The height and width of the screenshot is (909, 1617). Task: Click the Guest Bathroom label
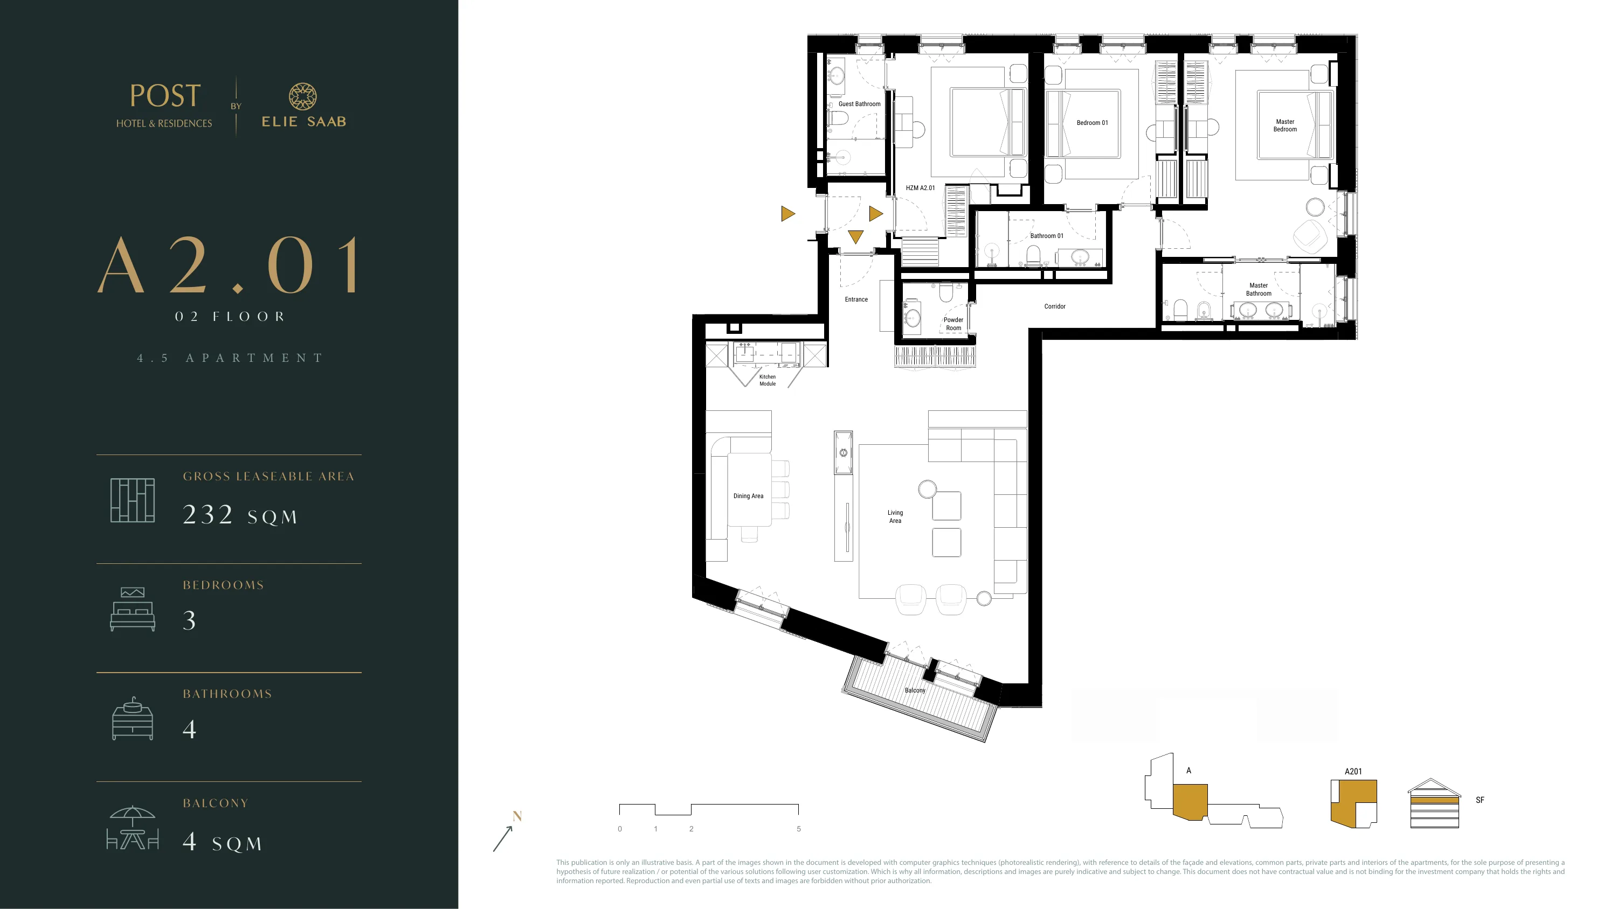(x=859, y=104)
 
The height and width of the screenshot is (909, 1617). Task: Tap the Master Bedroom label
(x=1285, y=125)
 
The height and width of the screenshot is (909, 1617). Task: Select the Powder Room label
(x=953, y=324)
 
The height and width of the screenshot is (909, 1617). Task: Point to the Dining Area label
(x=748, y=496)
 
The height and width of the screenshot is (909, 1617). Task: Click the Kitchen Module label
(x=768, y=380)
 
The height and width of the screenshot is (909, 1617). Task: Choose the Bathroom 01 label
(x=1047, y=236)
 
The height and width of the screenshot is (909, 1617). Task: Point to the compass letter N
(x=517, y=816)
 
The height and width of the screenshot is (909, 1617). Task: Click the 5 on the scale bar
(x=798, y=829)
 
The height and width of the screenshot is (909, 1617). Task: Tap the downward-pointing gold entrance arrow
(x=855, y=236)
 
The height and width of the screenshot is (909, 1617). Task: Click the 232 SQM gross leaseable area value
(x=240, y=515)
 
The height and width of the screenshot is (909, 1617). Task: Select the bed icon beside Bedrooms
(x=133, y=609)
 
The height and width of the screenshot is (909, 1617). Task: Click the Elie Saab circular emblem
(x=302, y=96)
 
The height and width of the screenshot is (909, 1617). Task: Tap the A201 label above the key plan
(x=1353, y=772)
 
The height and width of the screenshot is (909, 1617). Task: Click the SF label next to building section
(x=1480, y=800)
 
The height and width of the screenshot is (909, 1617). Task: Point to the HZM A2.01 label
(x=920, y=188)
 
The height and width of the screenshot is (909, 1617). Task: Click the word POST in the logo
(x=165, y=96)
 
